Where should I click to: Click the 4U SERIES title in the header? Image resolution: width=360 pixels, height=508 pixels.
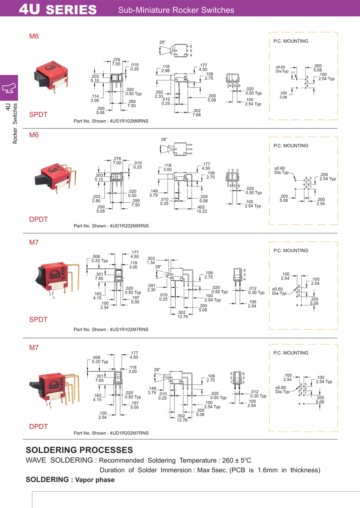click(58, 9)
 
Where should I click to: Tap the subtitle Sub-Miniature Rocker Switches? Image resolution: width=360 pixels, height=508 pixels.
click(176, 10)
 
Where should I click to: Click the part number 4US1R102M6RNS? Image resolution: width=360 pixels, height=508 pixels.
click(129, 121)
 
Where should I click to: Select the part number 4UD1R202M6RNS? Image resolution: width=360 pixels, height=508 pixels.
click(129, 226)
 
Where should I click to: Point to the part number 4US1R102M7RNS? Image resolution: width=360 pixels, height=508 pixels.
click(129, 329)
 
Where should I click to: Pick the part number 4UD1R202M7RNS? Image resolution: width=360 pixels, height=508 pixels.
click(129, 433)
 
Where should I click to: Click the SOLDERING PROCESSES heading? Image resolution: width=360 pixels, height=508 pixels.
click(79, 450)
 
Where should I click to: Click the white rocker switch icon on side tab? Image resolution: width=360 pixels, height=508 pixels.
click(9, 87)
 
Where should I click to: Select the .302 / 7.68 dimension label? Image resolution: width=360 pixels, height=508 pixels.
click(196, 113)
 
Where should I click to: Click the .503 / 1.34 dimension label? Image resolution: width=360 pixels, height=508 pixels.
click(151, 260)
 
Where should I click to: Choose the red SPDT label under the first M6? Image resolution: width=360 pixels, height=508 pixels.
click(38, 115)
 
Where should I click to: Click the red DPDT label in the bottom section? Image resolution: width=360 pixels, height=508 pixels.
click(38, 427)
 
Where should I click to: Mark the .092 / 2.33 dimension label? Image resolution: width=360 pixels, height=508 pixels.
click(159, 94)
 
